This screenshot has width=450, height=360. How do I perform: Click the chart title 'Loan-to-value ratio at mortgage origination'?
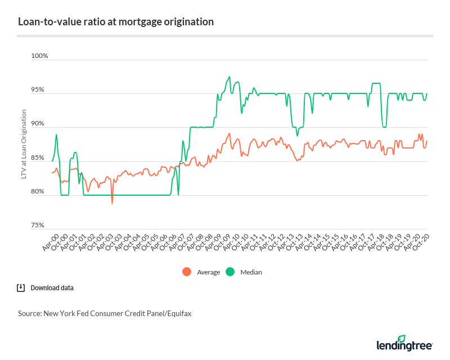point(116,22)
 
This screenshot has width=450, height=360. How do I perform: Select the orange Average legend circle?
point(187,272)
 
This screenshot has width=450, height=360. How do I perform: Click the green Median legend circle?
point(229,272)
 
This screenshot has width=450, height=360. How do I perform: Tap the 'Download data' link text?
point(52,288)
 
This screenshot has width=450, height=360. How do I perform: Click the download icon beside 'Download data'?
point(21,288)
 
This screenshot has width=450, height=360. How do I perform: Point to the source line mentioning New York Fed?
point(105,314)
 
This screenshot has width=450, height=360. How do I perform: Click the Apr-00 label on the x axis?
point(50,244)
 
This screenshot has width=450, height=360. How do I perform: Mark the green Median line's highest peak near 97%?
point(229,76)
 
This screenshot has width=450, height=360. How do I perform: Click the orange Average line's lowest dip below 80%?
point(112,203)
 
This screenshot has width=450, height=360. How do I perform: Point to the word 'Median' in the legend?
point(251,272)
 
